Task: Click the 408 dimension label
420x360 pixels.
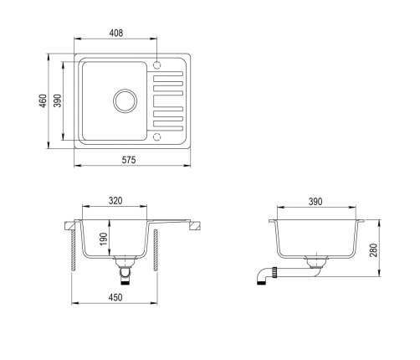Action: [x=115, y=33]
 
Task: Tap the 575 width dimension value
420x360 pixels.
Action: [x=129, y=160]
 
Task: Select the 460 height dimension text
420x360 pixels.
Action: [x=43, y=101]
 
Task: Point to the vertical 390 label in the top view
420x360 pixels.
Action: [x=58, y=100]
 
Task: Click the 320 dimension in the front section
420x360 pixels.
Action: [x=115, y=201]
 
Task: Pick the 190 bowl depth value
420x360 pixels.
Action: [x=103, y=239]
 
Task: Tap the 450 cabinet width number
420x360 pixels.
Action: [x=115, y=297]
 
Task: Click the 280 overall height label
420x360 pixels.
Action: [x=373, y=250]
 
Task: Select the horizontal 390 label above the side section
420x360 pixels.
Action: [x=315, y=202]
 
